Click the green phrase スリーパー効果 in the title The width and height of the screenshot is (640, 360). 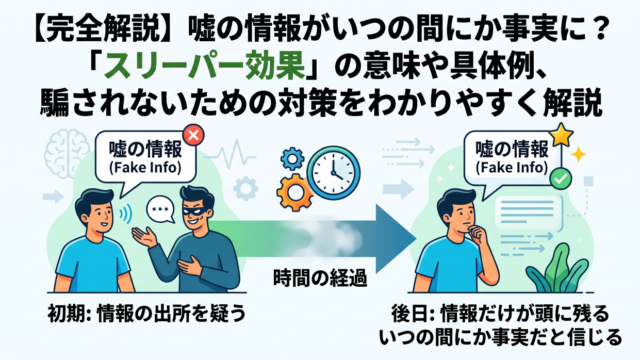point(205,67)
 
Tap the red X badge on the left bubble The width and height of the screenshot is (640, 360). point(193,135)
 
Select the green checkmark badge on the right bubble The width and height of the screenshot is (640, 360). point(561,178)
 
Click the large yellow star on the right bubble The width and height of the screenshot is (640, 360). point(562,135)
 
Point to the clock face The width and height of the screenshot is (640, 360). point(334,173)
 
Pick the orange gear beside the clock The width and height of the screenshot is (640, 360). point(294,192)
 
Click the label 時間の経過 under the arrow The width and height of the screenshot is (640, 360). point(320,278)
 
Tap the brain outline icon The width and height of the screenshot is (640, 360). point(67,152)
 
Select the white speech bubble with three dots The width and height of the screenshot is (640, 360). point(161,209)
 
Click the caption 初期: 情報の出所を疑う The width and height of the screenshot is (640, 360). point(147,313)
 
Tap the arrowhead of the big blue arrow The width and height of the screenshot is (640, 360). point(393,238)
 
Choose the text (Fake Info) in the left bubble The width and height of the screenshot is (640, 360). point(145,168)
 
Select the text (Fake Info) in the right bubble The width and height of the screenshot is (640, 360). point(512,167)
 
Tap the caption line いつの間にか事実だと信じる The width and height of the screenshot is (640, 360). point(501,338)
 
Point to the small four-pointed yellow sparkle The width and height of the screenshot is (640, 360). point(578,154)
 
